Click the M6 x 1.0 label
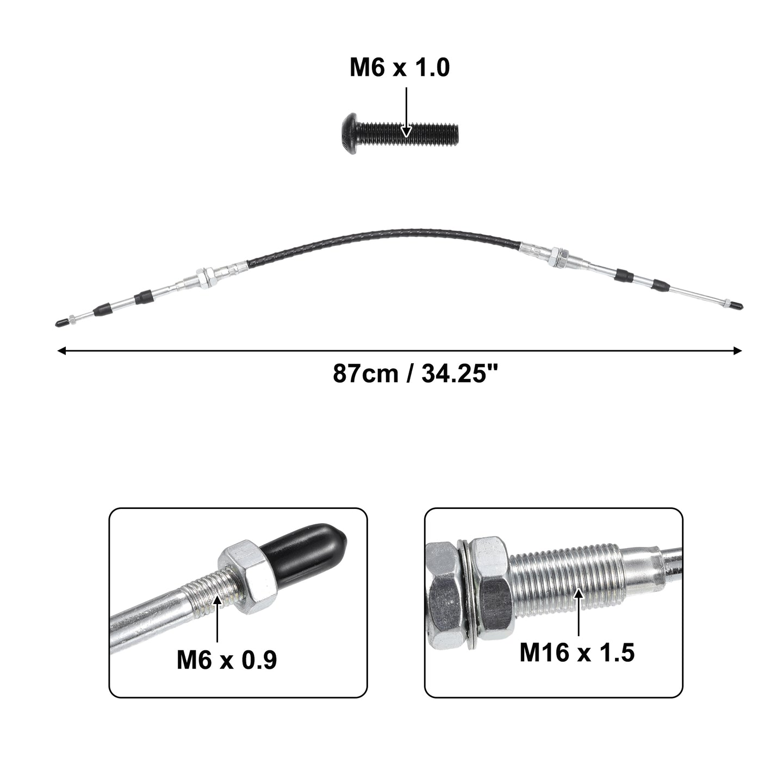(400, 67)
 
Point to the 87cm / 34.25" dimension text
(415, 373)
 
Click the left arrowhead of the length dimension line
(62, 351)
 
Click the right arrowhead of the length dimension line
(737, 351)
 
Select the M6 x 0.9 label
(227, 660)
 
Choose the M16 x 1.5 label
(577, 652)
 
